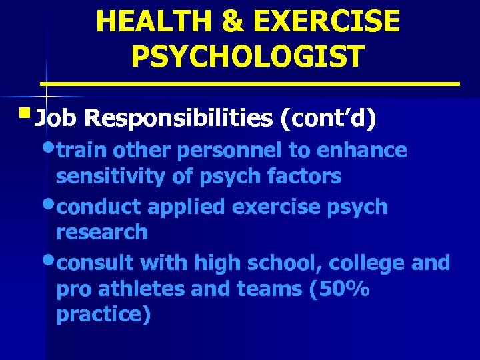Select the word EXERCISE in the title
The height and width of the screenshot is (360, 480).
(323, 21)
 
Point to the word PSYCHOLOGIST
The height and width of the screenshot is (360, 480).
(248, 56)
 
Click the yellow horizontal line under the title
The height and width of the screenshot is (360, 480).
(250, 84)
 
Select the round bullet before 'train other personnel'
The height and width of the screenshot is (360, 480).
(48, 148)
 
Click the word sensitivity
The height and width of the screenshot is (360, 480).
(110, 177)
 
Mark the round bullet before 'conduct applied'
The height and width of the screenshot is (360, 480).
(48, 204)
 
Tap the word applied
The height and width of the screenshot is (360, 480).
(187, 207)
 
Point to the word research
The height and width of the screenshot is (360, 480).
(102, 232)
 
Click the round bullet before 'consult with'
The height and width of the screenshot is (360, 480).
(48, 261)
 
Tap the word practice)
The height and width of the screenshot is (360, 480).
(104, 315)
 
